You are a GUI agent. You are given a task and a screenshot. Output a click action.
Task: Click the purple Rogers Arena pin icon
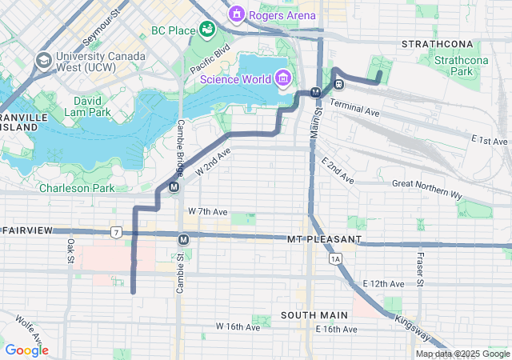click(236, 14)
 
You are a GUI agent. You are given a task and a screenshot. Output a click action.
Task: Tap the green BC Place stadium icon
click(207, 30)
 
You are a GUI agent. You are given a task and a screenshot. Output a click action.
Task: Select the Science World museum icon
click(282, 78)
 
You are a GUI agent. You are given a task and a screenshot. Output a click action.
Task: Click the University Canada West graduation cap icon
click(43, 60)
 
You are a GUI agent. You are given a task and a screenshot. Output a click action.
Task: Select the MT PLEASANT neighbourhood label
click(324, 239)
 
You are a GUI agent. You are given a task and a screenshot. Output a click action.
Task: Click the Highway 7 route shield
click(117, 233)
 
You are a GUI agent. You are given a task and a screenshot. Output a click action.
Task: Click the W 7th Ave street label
click(208, 211)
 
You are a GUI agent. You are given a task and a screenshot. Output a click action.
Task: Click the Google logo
click(27, 350)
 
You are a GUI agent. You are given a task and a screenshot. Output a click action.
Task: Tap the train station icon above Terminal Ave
click(339, 83)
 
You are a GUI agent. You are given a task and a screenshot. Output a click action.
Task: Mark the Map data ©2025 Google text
click(462, 354)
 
